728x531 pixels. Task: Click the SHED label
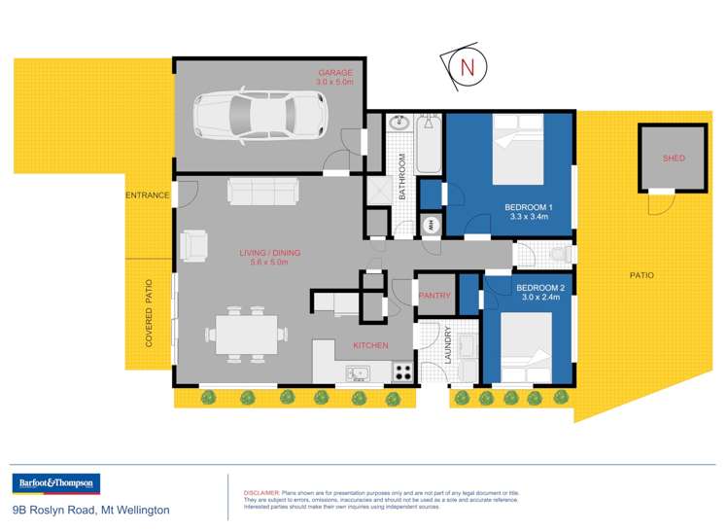[x=674, y=158]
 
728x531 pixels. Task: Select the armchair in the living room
[x=194, y=245]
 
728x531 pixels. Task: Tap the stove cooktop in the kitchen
[x=401, y=371]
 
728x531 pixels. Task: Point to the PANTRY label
[x=433, y=296]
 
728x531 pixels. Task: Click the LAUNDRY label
[x=448, y=348]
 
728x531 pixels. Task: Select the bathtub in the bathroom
[x=429, y=145]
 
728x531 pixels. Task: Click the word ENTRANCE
[x=148, y=195]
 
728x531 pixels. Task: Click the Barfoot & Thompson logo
[x=55, y=483]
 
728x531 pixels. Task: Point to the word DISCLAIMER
[x=260, y=493]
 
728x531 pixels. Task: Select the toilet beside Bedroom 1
[x=558, y=255]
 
